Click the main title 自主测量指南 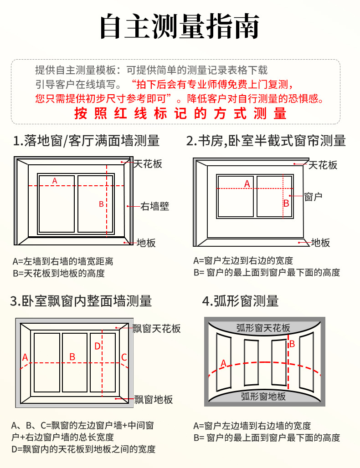(x=180, y=26)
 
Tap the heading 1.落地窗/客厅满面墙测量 (x=87, y=141)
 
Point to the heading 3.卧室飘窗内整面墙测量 (x=81, y=301)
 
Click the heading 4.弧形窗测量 (x=241, y=301)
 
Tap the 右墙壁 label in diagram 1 (x=154, y=206)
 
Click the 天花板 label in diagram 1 (x=148, y=164)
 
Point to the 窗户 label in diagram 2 (x=314, y=197)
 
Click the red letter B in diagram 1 (x=101, y=204)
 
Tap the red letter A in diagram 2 (x=247, y=184)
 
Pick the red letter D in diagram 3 (x=97, y=346)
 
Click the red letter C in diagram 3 (x=123, y=357)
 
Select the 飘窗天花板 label (x=157, y=329)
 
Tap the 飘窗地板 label (x=154, y=400)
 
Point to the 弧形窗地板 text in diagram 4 (x=263, y=396)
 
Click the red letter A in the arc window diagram (x=224, y=363)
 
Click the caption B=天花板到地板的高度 (x=59, y=273)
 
